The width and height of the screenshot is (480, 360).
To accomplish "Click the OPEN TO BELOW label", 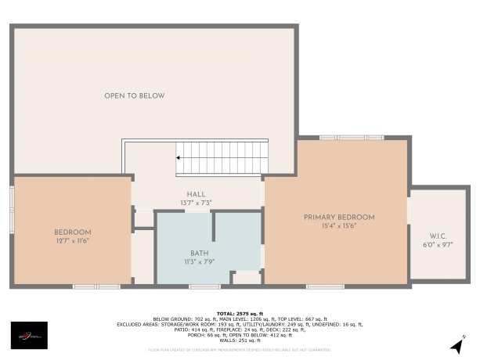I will click(x=135, y=95).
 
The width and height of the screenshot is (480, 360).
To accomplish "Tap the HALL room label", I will click(x=196, y=194).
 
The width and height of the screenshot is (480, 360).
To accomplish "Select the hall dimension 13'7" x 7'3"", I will click(x=196, y=203).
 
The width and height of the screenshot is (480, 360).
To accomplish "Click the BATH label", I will click(x=200, y=253).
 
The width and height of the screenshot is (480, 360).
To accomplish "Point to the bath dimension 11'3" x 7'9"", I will click(x=200, y=261).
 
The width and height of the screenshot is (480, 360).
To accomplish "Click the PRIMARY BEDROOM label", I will click(x=339, y=217).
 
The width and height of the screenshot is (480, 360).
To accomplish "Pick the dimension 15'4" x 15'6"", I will click(x=339, y=225).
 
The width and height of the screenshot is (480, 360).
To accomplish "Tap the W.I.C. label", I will click(x=438, y=236).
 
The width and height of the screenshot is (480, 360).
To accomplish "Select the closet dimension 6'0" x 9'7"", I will click(x=438, y=244).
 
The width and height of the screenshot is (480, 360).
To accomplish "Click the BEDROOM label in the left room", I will click(x=73, y=232).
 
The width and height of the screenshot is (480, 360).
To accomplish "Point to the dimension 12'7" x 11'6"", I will click(x=73, y=240).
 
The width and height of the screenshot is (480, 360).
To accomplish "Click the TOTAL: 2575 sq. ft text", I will click(x=239, y=312).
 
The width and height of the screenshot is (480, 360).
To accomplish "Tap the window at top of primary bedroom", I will click(x=352, y=138).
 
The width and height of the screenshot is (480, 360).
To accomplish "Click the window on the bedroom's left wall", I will click(x=12, y=209).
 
